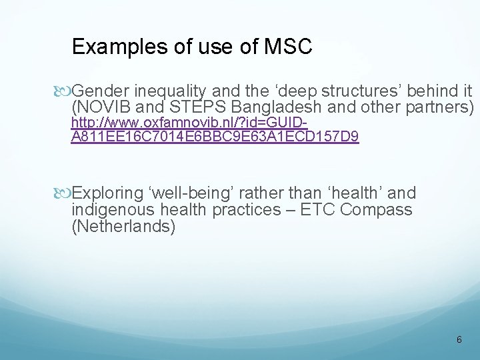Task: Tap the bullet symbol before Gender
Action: coord(64,90)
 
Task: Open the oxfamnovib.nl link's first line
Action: coord(189,123)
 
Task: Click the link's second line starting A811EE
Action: coord(215,137)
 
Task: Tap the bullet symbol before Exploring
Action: coord(64,194)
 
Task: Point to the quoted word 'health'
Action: coord(348,194)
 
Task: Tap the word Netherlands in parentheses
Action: coord(123,227)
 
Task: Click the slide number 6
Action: coord(459,340)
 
